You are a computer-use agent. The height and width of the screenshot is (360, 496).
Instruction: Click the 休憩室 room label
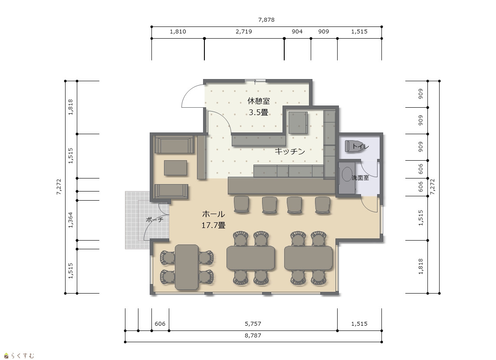(259, 101)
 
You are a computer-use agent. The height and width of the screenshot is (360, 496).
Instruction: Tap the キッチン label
(290, 151)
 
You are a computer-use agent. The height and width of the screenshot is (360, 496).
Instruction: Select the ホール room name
(214, 214)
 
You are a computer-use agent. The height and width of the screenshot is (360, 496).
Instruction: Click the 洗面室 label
(360, 178)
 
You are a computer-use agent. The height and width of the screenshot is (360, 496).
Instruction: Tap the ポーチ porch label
(154, 219)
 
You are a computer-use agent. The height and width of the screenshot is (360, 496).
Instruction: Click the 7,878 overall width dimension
(266, 20)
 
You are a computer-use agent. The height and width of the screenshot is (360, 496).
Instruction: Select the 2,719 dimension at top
(244, 31)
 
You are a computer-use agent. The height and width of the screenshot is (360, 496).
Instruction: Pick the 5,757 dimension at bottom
(253, 324)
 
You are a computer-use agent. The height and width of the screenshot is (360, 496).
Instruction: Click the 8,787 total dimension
(253, 335)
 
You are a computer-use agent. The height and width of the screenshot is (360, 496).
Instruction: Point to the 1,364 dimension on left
(71, 220)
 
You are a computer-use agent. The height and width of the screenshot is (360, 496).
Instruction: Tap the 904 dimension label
(297, 31)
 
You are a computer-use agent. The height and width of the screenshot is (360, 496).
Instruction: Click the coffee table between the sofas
(175, 168)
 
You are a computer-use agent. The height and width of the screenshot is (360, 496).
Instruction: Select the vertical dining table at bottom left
(187, 267)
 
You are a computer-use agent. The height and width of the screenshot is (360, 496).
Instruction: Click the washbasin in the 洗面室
(347, 178)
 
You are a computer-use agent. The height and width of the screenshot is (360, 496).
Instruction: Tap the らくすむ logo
(19, 356)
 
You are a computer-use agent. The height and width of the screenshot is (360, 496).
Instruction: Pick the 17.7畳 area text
(214, 225)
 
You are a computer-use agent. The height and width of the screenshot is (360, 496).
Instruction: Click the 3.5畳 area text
(259, 112)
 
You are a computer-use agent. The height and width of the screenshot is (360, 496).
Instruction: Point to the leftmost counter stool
(241, 204)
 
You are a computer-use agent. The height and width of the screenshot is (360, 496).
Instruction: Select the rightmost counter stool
(323, 205)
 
